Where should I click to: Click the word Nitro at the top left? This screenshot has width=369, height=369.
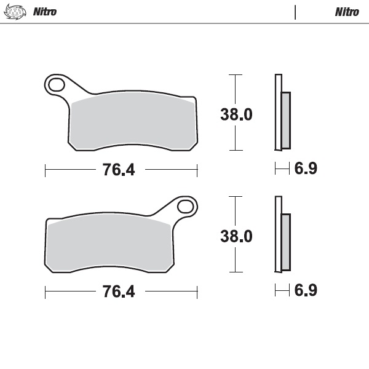(44, 12)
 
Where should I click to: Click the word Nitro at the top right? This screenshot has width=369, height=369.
(347, 12)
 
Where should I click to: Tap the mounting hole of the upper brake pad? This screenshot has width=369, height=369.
(56, 84)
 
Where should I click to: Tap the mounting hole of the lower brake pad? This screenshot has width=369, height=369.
(185, 205)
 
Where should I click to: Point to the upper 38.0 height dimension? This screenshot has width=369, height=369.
(236, 114)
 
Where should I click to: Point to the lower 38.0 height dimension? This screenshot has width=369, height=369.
(236, 236)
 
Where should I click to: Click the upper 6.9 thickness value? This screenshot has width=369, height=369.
(305, 169)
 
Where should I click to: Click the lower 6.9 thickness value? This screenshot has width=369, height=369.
(305, 290)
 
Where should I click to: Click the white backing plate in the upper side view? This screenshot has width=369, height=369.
(277, 111)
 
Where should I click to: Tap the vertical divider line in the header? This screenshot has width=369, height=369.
(295, 12)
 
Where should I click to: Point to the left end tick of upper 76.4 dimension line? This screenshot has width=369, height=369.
(45, 170)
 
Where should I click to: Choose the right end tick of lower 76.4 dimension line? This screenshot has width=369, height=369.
(197, 292)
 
